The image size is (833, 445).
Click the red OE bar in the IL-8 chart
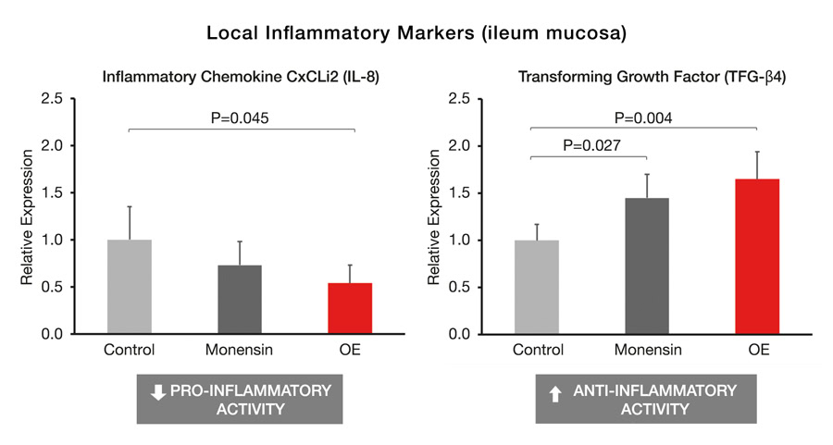[354, 308]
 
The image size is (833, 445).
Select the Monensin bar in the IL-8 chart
[241, 299]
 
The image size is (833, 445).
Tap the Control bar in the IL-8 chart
[130, 287]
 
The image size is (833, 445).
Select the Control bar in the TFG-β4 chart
[536, 287]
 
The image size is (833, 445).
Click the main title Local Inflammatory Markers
[416, 33]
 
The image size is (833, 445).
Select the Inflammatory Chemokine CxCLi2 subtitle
[240, 77]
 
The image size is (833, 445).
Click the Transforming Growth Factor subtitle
[644, 77]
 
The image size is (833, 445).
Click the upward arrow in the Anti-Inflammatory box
[555, 393]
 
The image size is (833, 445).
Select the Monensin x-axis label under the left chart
[240, 351]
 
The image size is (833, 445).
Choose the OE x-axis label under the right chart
[757, 351]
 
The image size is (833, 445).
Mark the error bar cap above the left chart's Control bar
[130, 206]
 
